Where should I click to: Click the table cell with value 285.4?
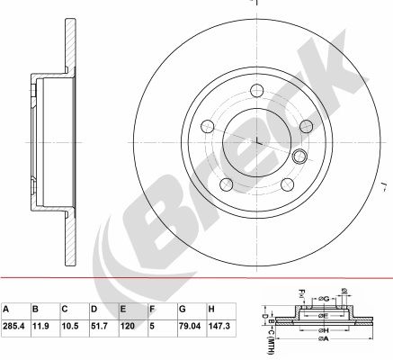point(13,326)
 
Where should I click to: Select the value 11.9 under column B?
point(40,326)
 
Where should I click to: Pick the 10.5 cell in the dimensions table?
point(70,326)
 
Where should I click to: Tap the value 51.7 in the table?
point(99,326)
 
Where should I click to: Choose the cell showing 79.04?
point(190,326)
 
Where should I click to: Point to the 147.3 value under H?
point(219,326)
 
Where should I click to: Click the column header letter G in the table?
point(183,309)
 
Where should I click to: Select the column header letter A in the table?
point(5,309)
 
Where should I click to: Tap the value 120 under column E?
point(128,326)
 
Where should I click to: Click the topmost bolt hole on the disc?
point(257,90)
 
